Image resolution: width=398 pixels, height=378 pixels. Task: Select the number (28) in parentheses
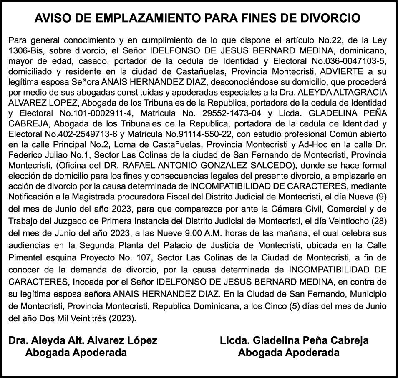point(378,221)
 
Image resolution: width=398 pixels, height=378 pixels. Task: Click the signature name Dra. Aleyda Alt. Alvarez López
point(83,340)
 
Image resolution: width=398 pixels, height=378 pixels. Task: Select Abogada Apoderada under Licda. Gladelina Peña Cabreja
point(288,353)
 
